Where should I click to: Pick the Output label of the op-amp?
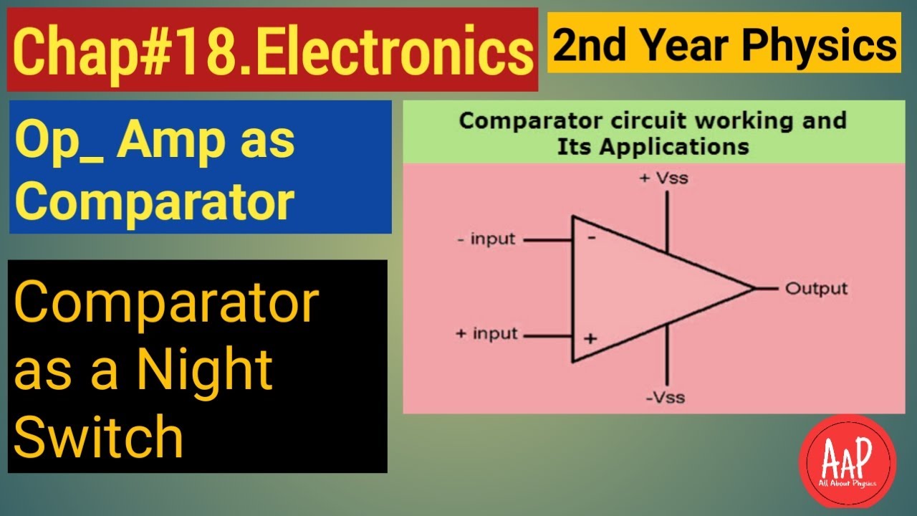(x=816, y=289)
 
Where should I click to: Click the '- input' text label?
(x=486, y=239)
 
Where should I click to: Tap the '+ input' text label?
(x=486, y=334)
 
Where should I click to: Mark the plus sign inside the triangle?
(x=590, y=337)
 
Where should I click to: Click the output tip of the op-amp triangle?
(x=754, y=289)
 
